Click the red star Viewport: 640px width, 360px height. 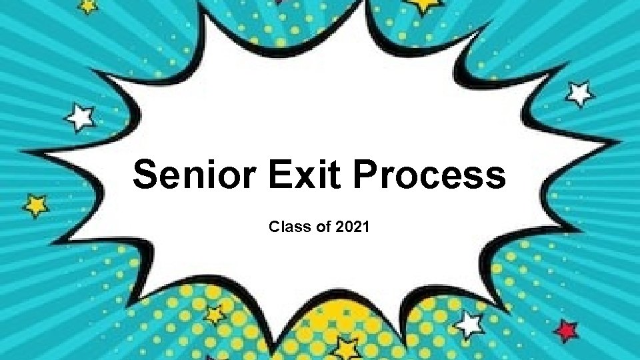point(567,330)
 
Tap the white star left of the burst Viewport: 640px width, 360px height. point(81,118)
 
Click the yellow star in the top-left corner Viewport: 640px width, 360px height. point(87,5)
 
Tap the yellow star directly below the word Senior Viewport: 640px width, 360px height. point(215,313)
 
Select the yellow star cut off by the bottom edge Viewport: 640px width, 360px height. point(346,349)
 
